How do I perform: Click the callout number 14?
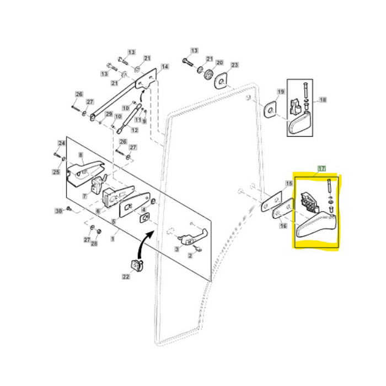(164, 67)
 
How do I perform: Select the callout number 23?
(234, 65)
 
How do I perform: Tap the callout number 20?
(219, 63)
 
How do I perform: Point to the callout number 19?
(281, 92)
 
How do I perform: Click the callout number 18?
(323, 100)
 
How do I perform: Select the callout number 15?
(288, 183)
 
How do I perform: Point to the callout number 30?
(59, 211)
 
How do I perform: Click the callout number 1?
(112, 239)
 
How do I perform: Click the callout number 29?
(109, 114)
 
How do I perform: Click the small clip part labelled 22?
(136, 265)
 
